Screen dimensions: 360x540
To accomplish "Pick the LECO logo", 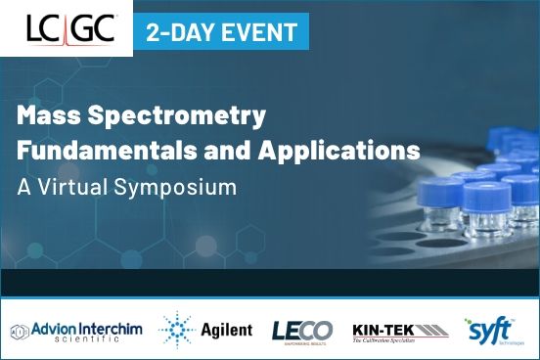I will (x=301, y=331).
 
